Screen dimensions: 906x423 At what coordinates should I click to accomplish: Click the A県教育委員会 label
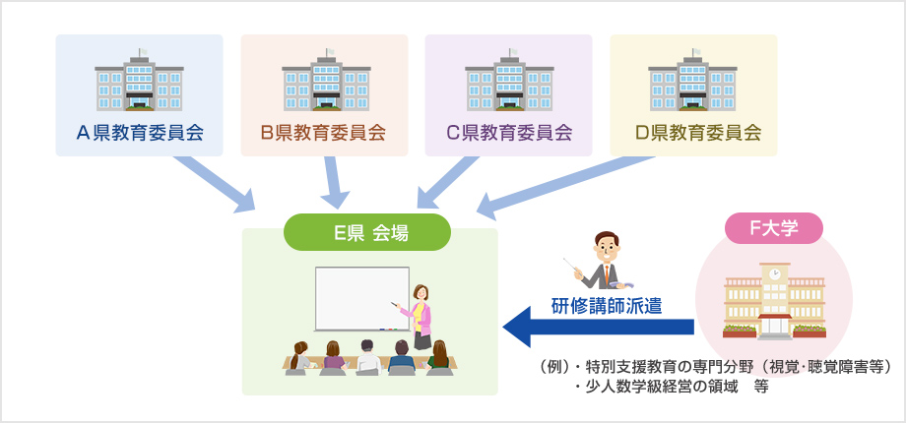point(140,133)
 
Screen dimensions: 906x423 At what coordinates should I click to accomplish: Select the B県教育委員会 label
point(323,133)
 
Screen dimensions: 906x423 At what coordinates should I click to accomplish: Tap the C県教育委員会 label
point(509,133)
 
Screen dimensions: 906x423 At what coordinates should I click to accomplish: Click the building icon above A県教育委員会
point(139,80)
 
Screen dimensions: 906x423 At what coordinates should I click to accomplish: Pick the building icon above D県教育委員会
point(692,80)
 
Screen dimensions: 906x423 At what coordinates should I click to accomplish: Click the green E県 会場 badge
point(367,232)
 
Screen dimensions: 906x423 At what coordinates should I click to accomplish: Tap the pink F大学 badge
point(774,228)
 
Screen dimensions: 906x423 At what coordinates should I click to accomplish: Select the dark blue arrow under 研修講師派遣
point(598,327)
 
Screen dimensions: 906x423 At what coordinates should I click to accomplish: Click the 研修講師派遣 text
point(606,305)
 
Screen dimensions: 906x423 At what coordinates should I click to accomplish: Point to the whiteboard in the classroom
point(361,299)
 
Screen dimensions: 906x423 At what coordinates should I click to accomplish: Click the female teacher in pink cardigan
point(420,317)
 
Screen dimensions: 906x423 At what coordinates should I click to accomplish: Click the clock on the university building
point(775,272)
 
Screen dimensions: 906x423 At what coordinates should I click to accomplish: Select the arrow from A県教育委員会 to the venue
point(215,184)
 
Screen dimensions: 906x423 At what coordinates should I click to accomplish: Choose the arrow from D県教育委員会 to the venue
point(565,188)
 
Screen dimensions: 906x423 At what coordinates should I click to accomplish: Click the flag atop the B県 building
point(329,52)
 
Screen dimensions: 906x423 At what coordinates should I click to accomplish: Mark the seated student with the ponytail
point(300,358)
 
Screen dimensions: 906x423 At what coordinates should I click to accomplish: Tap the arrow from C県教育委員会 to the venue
point(447,182)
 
